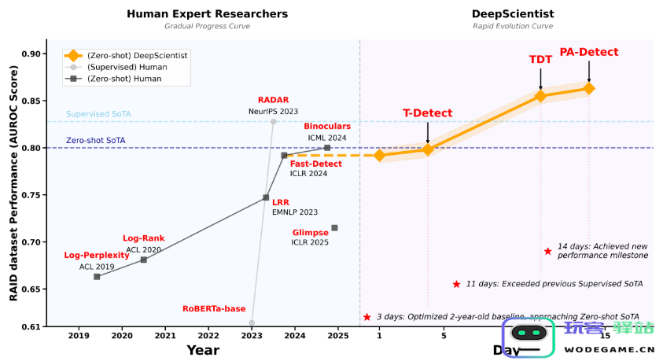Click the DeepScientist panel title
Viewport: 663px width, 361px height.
coord(513,13)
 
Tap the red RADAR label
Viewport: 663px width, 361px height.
coord(273,100)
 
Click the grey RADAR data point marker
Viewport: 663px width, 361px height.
coord(274,121)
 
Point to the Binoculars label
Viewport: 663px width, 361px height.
coord(327,126)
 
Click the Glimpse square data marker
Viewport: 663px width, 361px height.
coord(334,228)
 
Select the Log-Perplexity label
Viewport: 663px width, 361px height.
coord(97,256)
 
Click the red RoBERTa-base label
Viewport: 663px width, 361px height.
coord(214,308)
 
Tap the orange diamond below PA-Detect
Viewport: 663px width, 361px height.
coord(589,88)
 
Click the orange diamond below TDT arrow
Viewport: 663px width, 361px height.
coord(540,96)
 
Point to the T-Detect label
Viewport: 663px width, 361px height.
coord(428,113)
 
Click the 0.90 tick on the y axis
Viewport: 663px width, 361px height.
coord(35,53)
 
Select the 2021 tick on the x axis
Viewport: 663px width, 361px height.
coord(165,336)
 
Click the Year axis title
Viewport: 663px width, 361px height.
coord(203,350)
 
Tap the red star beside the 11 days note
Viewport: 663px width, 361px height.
coord(455,284)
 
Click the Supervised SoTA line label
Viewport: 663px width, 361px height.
coord(98,114)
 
